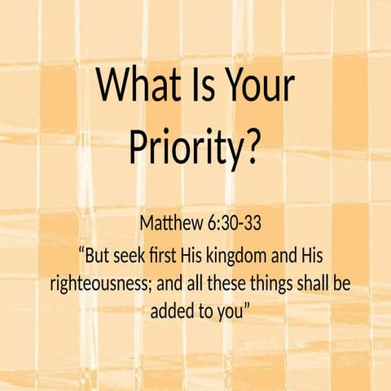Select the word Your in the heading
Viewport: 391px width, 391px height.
(261, 85)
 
